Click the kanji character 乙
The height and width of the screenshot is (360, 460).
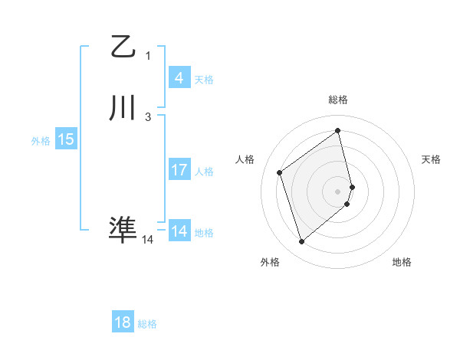[x=123, y=47]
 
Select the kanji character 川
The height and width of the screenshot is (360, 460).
[x=123, y=109]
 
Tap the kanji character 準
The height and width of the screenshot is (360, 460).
[x=123, y=229]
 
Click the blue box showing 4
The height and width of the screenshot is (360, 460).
[x=179, y=78]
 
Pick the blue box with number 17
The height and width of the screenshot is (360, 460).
[x=179, y=170]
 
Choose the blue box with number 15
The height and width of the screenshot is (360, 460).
[x=65, y=139]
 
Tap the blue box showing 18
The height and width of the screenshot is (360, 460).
[x=123, y=322]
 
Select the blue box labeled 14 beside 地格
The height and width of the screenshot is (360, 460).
[x=179, y=231]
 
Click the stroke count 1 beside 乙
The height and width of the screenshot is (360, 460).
[x=148, y=55]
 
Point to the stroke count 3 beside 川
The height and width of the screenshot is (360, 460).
[x=148, y=116]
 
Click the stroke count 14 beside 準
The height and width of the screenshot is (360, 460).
[x=147, y=240]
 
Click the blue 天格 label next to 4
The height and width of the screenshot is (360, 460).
[x=204, y=80]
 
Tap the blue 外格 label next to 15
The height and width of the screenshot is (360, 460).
[x=41, y=141]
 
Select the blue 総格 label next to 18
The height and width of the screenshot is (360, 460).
[x=147, y=324]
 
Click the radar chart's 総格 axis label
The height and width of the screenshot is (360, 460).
[x=338, y=100]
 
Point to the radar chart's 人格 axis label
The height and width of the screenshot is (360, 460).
[x=245, y=159]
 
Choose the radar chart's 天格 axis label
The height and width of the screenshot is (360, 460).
[x=431, y=159]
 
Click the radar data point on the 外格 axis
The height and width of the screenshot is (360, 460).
[x=301, y=242]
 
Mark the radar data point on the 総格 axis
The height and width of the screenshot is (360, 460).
[x=338, y=131]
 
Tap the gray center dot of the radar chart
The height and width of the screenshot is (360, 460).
[x=338, y=191]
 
